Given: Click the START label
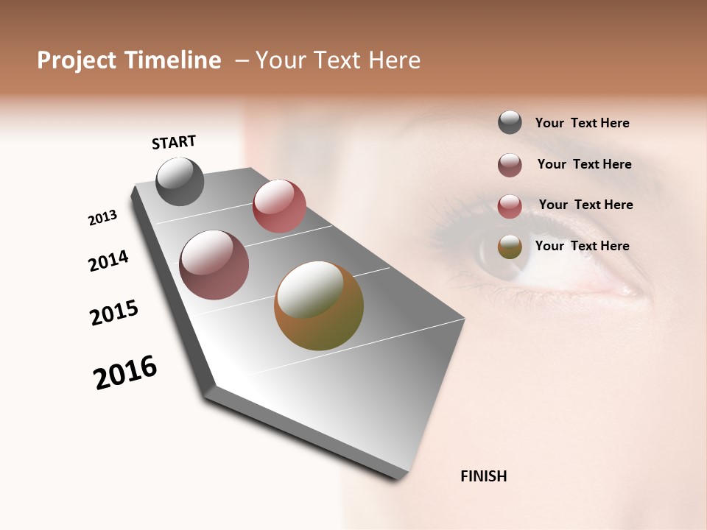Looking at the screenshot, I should pyautogui.click(x=174, y=142).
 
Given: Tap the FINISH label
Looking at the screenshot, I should pyautogui.click(x=483, y=476).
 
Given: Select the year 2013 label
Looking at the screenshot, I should pyautogui.click(x=102, y=218).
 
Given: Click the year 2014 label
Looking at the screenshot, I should pyautogui.click(x=108, y=261).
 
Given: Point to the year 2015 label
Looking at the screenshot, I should pyautogui.click(x=114, y=313).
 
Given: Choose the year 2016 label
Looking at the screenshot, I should pyautogui.click(x=125, y=372).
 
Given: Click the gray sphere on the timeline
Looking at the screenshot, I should pyautogui.click(x=180, y=182).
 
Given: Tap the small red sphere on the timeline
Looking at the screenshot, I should pyautogui.click(x=279, y=206).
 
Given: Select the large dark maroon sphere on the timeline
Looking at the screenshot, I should pyautogui.click(x=214, y=265).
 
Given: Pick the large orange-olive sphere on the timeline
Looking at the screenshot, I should pyautogui.click(x=319, y=305).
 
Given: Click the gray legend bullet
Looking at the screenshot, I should pyautogui.click(x=510, y=123).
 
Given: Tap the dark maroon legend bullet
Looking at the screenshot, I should pyautogui.click(x=510, y=165).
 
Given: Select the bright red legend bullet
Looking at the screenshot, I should pyautogui.click(x=510, y=206).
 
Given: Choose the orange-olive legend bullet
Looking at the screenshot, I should pyautogui.click(x=510, y=247).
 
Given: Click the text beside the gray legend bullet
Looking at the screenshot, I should pyautogui.click(x=582, y=123).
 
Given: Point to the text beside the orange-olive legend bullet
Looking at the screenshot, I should pyautogui.click(x=582, y=246).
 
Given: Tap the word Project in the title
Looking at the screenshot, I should pyautogui.click(x=76, y=60).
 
